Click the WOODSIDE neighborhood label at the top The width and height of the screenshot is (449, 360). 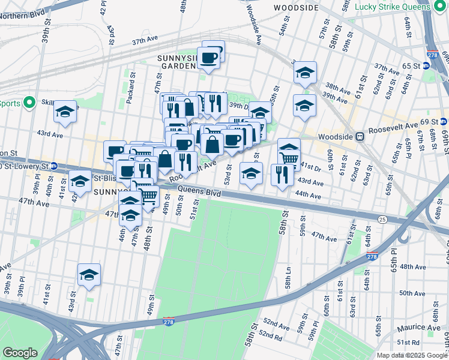295,8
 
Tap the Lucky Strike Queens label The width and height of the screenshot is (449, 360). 393,7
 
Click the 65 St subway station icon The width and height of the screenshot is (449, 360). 426,65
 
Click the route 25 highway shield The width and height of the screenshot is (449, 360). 382,221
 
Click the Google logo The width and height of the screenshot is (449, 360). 20,353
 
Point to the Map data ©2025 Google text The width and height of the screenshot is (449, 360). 411,355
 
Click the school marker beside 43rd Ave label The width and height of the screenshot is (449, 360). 65,112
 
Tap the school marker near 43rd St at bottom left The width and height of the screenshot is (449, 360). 89,275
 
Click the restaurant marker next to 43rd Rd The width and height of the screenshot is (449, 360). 282,175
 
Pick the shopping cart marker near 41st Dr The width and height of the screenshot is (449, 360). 289,157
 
